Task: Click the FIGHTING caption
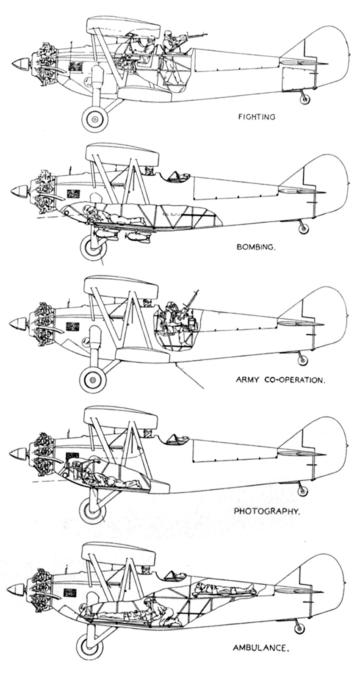[x=257, y=117]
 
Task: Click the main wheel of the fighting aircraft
[x=95, y=119]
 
